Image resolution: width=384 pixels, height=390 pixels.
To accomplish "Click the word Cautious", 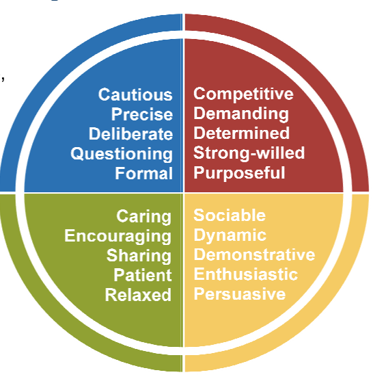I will click(135, 94).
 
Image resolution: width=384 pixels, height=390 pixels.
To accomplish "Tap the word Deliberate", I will click(131, 134).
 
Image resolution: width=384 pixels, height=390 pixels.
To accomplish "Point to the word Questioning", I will click(122, 154).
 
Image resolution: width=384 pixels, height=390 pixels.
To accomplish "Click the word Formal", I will click(143, 173).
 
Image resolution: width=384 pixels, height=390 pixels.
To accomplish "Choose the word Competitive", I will click(243, 94).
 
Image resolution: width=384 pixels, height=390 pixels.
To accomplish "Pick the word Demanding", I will click(241, 114).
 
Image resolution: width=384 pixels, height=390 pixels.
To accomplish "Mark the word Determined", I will click(242, 133).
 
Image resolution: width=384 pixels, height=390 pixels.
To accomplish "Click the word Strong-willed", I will click(249, 153).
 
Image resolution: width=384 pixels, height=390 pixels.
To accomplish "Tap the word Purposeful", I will click(239, 173).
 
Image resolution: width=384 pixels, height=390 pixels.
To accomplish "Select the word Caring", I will click(144, 217).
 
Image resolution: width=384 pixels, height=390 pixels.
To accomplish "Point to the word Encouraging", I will click(118, 236).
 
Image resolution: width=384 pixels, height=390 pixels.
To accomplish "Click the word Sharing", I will click(139, 256).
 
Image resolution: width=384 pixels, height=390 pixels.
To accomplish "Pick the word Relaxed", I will click(138, 295).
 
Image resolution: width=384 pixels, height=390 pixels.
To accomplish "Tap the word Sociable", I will click(229, 216).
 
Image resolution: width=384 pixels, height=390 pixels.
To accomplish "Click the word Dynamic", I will click(230, 236).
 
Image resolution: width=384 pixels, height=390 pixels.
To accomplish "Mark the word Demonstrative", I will click(254, 255).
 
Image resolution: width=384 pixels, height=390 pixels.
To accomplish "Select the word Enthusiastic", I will click(246, 275).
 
